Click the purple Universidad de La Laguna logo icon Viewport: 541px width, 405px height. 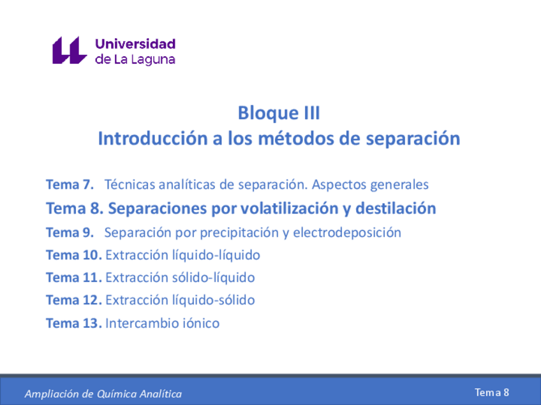point(69,50)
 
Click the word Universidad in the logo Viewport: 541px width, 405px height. point(135,44)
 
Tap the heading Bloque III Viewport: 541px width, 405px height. point(279,113)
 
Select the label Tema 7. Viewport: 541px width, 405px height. point(70,185)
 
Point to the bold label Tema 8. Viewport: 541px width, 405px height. point(74,208)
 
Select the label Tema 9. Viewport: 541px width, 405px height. point(70,232)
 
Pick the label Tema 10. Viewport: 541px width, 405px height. point(73,255)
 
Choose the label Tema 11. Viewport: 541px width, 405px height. point(73,278)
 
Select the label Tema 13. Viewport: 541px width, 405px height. point(73,323)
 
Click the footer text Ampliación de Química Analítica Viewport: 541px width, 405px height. point(103,394)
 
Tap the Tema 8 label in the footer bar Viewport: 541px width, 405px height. point(492,392)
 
